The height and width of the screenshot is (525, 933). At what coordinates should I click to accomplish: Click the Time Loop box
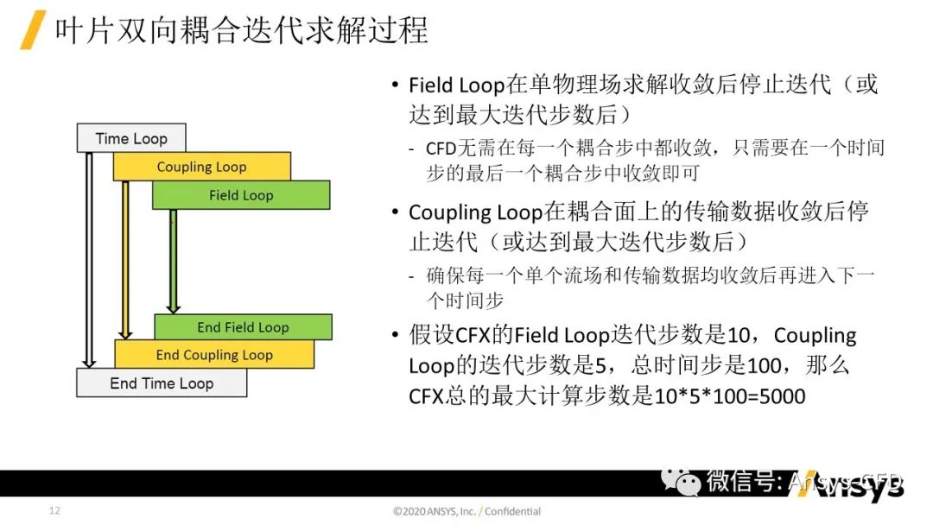pyautogui.click(x=131, y=138)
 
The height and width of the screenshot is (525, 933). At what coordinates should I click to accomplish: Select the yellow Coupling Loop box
pyautogui.click(x=201, y=167)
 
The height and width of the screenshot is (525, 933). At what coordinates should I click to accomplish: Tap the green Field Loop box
pyautogui.click(x=241, y=195)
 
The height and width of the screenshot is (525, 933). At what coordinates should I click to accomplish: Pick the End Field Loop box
pyautogui.click(x=243, y=327)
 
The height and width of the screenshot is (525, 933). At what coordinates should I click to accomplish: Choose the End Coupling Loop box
pyautogui.click(x=214, y=354)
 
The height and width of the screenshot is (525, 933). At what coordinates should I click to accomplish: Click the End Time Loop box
pyautogui.click(x=162, y=383)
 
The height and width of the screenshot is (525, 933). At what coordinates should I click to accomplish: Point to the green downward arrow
pyautogui.click(x=173, y=261)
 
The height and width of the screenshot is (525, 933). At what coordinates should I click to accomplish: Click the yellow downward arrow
pyautogui.click(x=125, y=260)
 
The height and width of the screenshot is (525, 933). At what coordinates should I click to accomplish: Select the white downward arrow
pyautogui.click(x=89, y=260)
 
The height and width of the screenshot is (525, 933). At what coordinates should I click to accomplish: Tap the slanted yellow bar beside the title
pyautogui.click(x=33, y=29)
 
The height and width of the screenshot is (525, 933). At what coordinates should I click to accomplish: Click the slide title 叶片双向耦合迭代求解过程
pyautogui.click(x=241, y=29)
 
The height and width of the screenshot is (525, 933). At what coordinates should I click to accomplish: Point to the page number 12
pyautogui.click(x=54, y=510)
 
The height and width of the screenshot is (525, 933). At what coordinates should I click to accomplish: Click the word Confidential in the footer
pyautogui.click(x=512, y=510)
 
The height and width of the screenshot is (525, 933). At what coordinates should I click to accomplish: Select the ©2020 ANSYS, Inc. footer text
pyautogui.click(x=435, y=510)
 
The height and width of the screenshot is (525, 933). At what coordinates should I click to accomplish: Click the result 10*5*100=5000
pyautogui.click(x=729, y=396)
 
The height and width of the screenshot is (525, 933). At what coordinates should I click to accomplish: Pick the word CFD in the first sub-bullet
pyautogui.click(x=441, y=148)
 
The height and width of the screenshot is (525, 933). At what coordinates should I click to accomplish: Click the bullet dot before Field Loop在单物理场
pyautogui.click(x=395, y=85)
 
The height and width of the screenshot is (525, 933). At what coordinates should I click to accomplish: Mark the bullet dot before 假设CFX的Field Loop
pyautogui.click(x=395, y=335)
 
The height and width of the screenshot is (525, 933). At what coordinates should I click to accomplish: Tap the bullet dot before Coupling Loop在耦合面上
pyautogui.click(x=395, y=211)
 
